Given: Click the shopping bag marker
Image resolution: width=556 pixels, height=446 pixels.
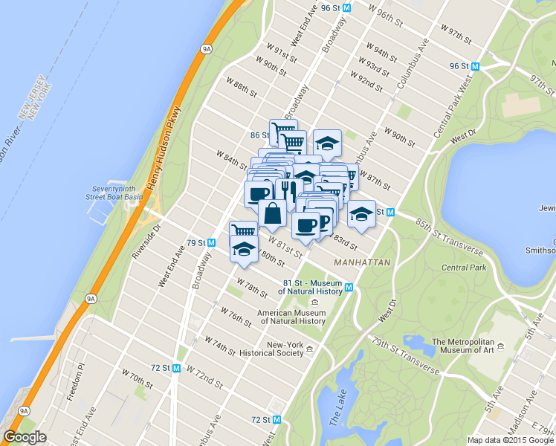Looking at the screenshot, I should pyautogui.click(x=272, y=213).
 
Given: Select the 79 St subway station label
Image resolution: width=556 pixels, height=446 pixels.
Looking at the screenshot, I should pyautogui.click(x=201, y=242).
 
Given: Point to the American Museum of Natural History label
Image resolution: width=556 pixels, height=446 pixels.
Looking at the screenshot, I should pyautogui.click(x=292, y=317).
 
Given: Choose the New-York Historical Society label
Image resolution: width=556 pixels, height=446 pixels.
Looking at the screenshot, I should pyautogui.click(x=285, y=349).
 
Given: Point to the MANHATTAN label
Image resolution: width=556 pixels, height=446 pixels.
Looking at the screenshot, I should pyautogui.click(x=362, y=263).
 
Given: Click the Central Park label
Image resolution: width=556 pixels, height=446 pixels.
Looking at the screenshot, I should pyautogui.click(x=464, y=267).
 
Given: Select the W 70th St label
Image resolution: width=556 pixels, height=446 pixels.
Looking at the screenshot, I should pyautogui.click(x=137, y=379).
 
